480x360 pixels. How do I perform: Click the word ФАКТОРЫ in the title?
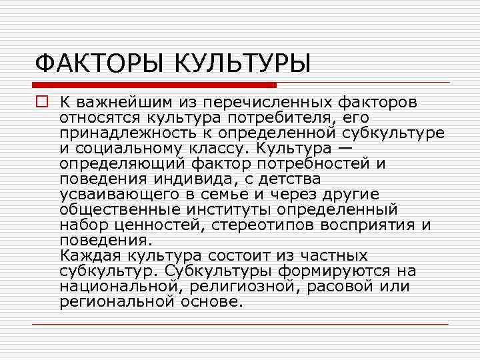point(101,64)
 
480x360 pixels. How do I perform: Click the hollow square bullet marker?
point(42,103)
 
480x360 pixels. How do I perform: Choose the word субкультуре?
point(394,133)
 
